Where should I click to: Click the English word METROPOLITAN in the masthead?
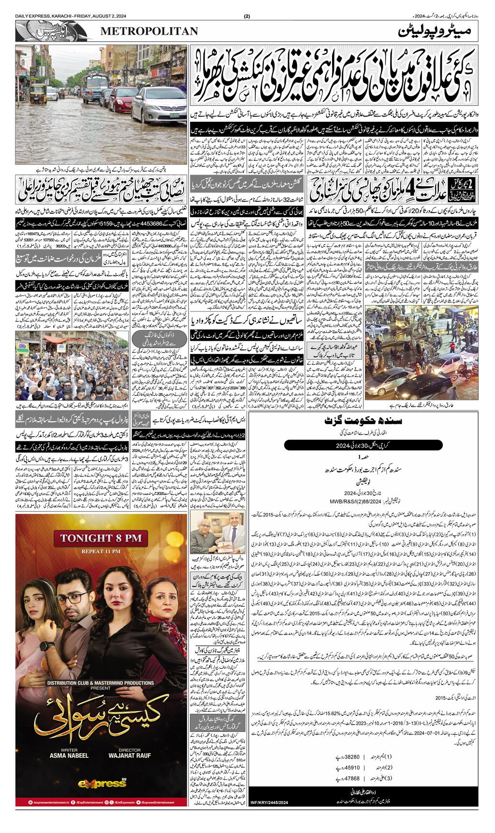pos(149,31)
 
